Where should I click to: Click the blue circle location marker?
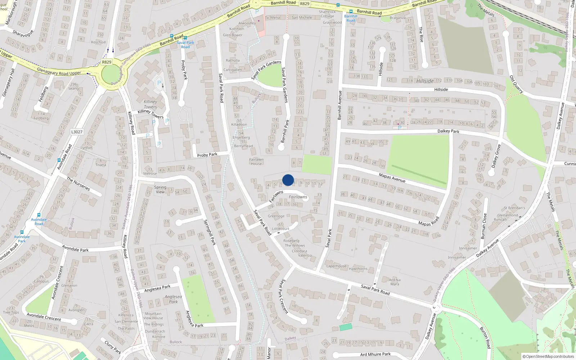(x=288, y=180)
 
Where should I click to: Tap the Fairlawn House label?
(x=256, y=162)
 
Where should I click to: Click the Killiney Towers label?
(x=150, y=104)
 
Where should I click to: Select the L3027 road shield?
(x=77, y=132)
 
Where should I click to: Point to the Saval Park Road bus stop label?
(x=185, y=45)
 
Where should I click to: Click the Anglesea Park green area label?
(x=173, y=299)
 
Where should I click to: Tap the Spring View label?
(x=160, y=189)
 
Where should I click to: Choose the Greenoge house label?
(x=276, y=216)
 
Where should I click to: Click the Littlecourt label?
(x=280, y=229)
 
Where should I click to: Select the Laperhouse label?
(x=336, y=266)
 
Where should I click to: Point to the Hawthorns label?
(x=358, y=269)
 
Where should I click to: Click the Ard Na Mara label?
(x=395, y=282)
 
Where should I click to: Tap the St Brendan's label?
(x=514, y=208)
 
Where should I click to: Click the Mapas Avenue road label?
(x=392, y=177)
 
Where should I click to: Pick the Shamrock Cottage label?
(x=327, y=14)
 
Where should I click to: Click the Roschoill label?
(x=98, y=42)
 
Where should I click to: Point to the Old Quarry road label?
(x=516, y=84)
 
